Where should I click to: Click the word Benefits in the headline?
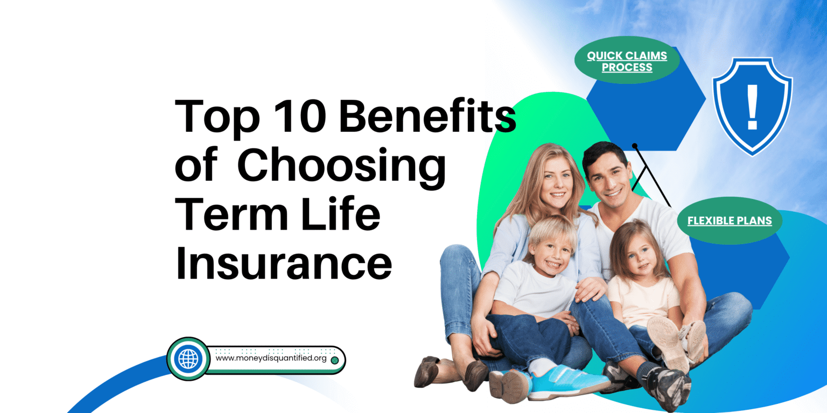click(427, 116)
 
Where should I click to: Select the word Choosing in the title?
click(341, 168)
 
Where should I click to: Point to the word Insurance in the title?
click(284, 262)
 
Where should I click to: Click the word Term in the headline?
click(231, 214)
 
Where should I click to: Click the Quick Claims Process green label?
click(627, 60)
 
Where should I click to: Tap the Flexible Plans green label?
click(730, 220)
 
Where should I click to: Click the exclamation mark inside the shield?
click(752, 107)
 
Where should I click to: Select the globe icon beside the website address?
click(188, 359)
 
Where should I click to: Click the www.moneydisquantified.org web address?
click(271, 358)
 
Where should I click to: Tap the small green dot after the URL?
click(335, 360)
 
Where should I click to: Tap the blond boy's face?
click(553, 254)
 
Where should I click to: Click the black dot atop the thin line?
click(635, 146)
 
